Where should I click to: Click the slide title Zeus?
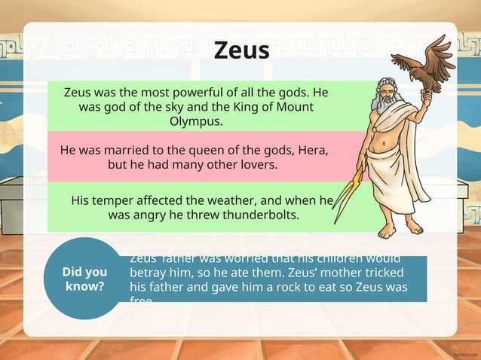[x=241, y=50]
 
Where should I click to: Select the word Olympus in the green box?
[x=196, y=121]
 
